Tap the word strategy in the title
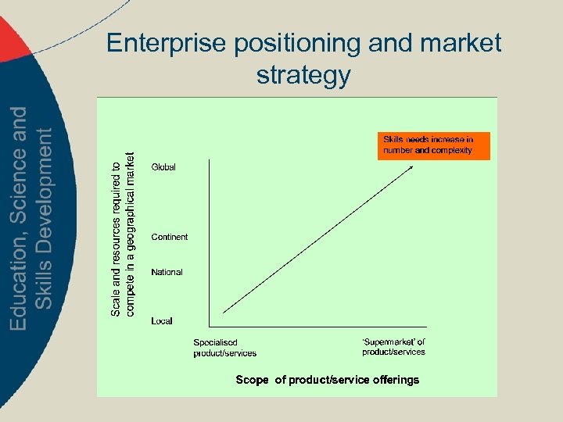(x=303, y=76)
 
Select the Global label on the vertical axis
(x=163, y=167)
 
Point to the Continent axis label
(x=170, y=237)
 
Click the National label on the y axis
(x=167, y=272)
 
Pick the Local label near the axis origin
(x=162, y=321)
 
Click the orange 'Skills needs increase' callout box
(x=433, y=145)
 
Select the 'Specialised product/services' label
(x=225, y=348)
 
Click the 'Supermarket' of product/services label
(x=393, y=347)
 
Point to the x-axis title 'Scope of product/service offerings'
(x=328, y=380)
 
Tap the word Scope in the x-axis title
(x=252, y=380)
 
